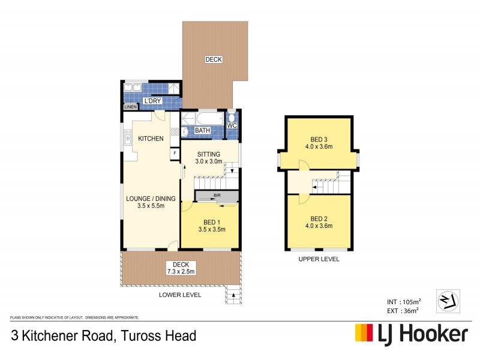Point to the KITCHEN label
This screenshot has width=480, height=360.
point(151,139)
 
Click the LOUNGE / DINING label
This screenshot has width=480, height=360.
point(150,202)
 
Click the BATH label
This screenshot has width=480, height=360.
point(202,130)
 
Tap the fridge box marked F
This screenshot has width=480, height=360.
point(175,153)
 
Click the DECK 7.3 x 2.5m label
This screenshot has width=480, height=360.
point(181,268)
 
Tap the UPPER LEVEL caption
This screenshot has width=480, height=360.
point(319,259)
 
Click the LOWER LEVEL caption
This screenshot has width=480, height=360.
point(180,295)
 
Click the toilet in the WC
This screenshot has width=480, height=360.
point(232,115)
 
